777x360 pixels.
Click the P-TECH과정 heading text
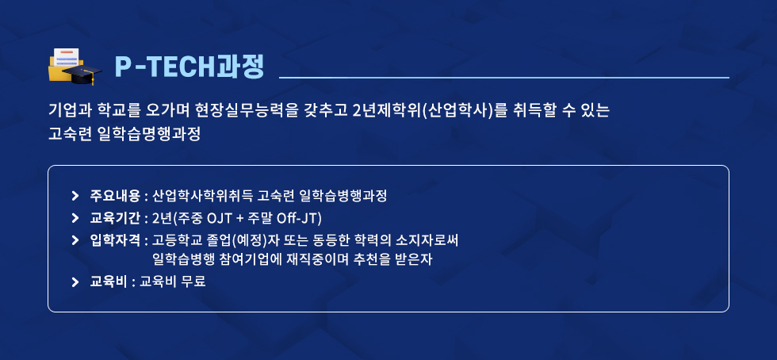pos(189,67)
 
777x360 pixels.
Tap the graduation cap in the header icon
pos(82,74)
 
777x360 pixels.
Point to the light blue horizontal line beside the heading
pos(504,78)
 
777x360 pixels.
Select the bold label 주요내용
pos(115,196)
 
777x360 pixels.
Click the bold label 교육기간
pos(115,218)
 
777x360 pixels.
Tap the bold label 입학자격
pos(115,240)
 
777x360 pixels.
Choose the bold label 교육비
pos(109,281)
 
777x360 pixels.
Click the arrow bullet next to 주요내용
pos(75,196)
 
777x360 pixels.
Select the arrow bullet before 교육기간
pos(75,218)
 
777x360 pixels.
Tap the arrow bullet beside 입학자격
pos(75,240)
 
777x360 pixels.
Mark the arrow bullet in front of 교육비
pos(75,281)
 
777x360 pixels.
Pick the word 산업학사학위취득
pos(202,196)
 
